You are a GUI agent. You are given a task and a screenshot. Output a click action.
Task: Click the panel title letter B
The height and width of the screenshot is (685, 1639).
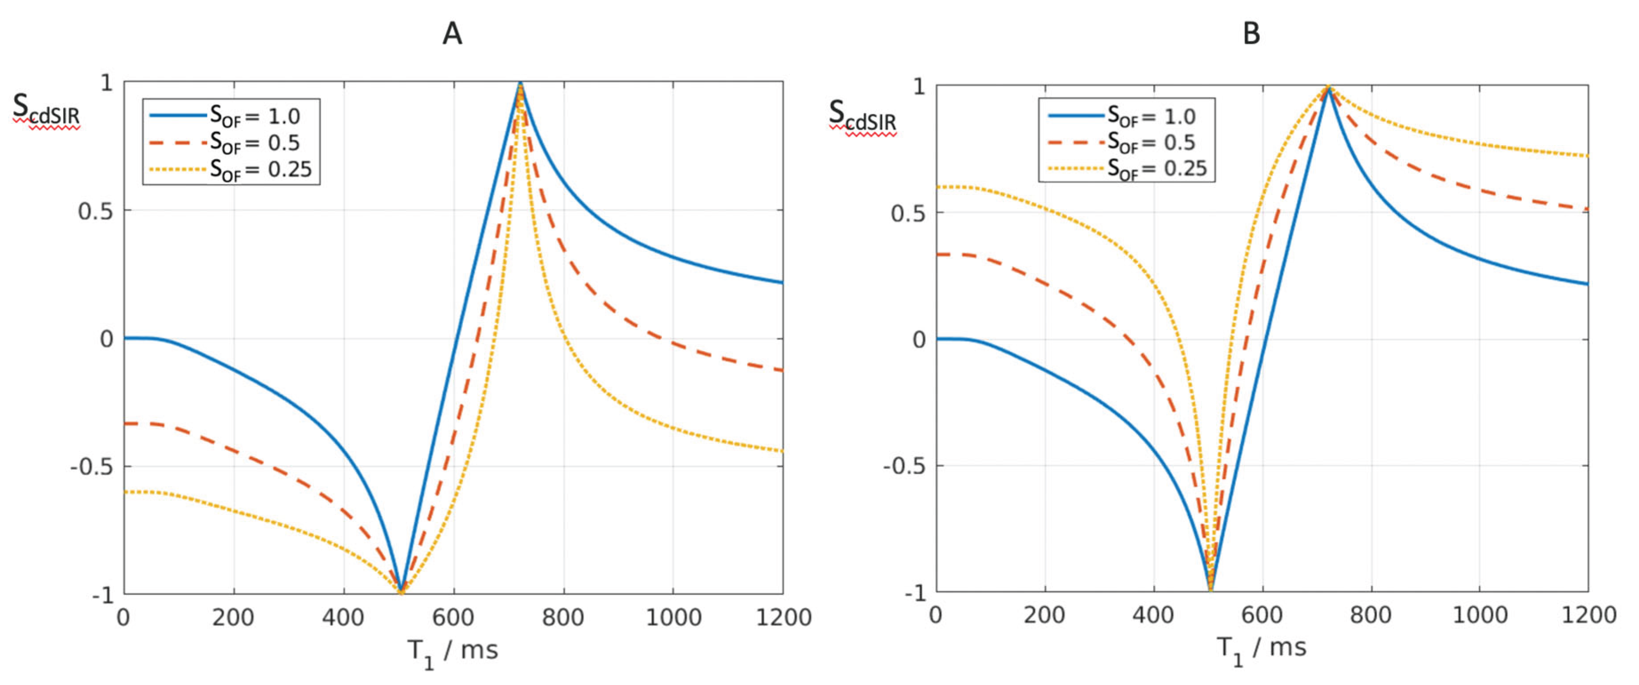[1251, 33]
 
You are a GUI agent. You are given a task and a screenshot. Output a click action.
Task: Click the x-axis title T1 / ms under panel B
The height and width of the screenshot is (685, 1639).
[1262, 649]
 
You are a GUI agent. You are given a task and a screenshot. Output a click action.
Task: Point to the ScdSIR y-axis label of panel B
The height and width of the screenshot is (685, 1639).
[862, 115]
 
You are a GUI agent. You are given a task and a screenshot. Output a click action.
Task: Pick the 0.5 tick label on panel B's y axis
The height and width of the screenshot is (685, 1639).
[909, 213]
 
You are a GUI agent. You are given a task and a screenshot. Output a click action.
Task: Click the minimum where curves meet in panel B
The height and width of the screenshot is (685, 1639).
[1210, 589]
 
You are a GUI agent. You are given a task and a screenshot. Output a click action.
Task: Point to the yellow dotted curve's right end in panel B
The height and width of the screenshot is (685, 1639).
[1587, 156]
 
